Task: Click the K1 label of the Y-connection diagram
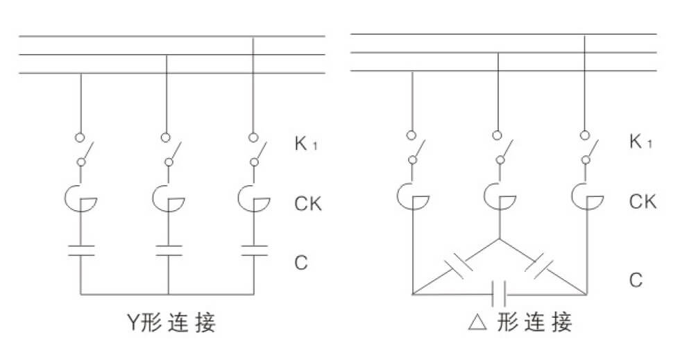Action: tap(304, 146)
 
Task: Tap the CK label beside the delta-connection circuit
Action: tap(643, 202)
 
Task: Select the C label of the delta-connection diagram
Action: tap(636, 280)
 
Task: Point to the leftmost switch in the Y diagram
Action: tap(83, 150)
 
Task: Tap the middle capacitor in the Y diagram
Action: tap(169, 250)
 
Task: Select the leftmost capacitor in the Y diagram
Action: tap(81, 250)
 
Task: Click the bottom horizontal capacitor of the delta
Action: tap(500, 293)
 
